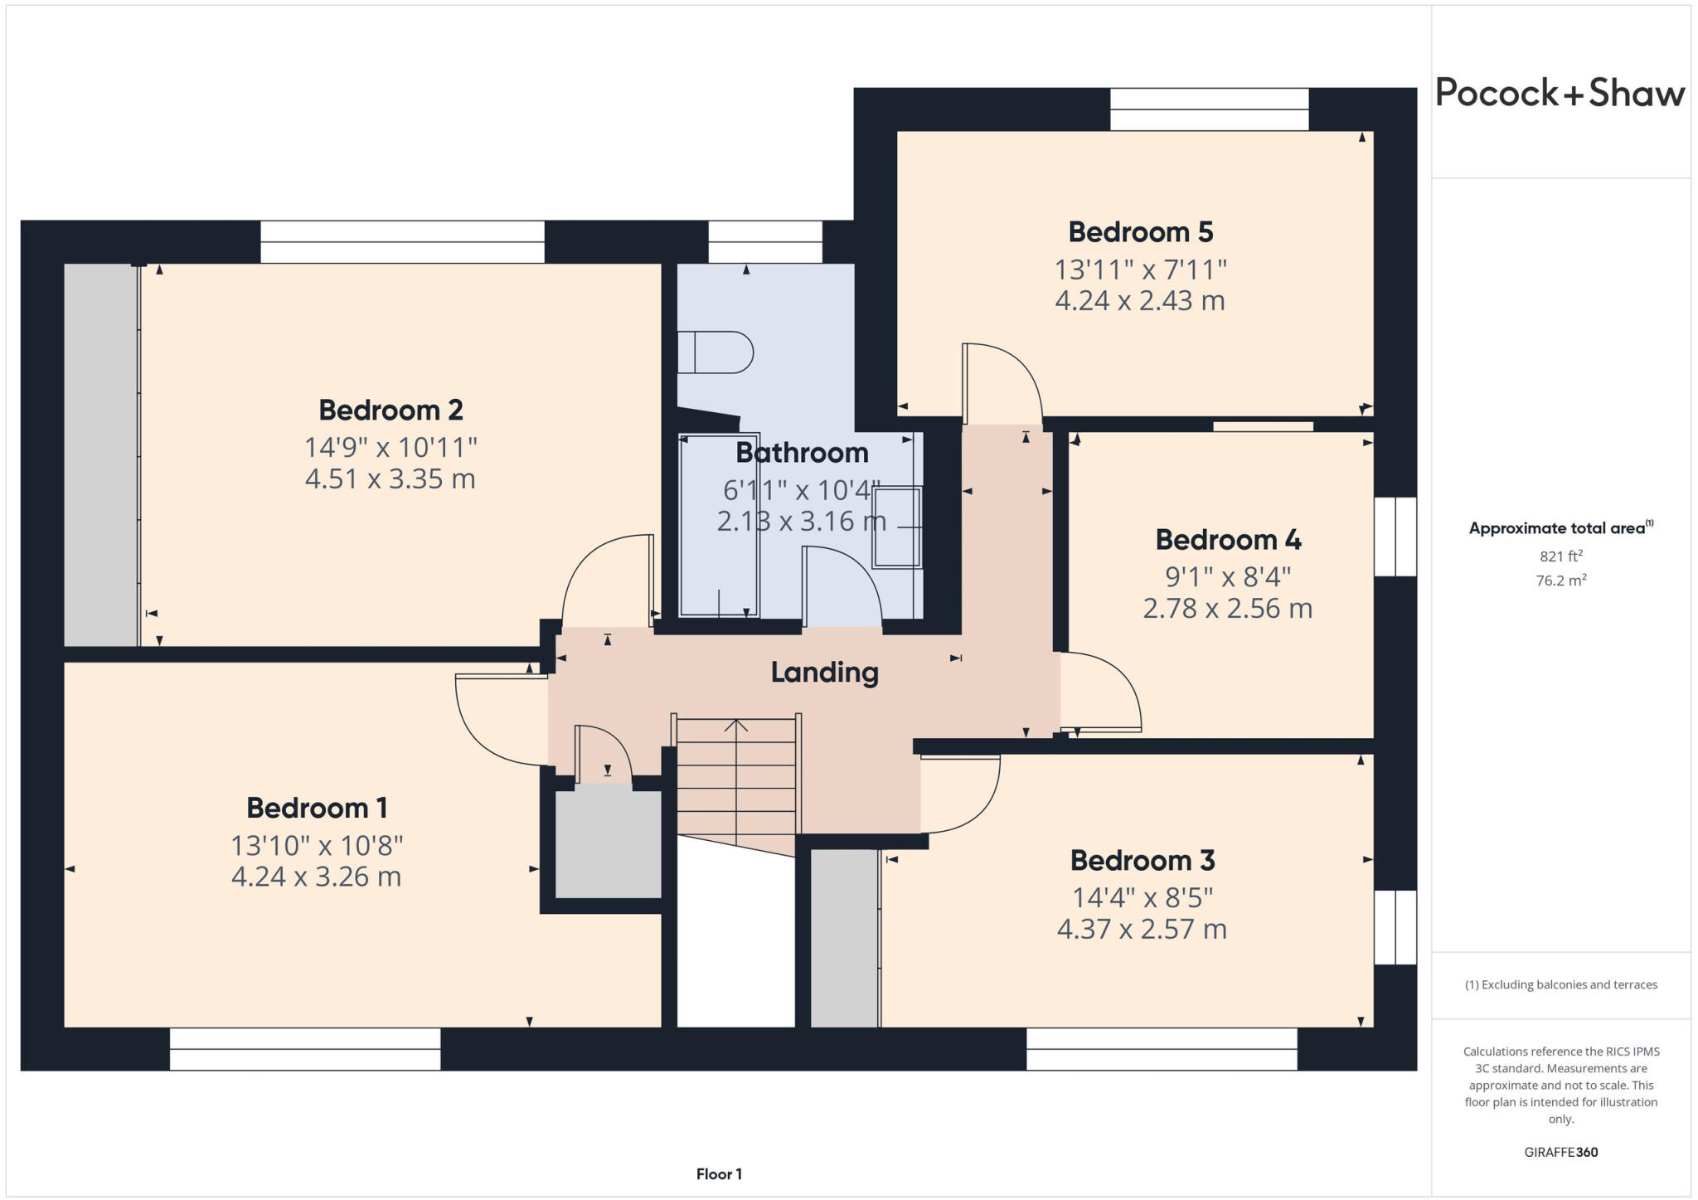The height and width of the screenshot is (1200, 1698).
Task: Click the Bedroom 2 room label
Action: click(x=391, y=411)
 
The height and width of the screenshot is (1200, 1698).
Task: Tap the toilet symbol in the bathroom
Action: click(x=715, y=352)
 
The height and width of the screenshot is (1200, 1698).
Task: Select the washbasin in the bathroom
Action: click(x=896, y=527)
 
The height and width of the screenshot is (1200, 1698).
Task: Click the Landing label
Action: click(x=824, y=672)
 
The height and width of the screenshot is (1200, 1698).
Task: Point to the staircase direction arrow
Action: click(x=735, y=726)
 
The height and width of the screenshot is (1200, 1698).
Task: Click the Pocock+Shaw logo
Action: click(x=1560, y=93)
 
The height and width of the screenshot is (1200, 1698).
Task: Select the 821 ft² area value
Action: click(x=1560, y=556)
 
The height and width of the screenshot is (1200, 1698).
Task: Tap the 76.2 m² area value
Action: click(x=1560, y=581)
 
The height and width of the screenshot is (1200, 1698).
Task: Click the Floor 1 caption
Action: click(x=719, y=1174)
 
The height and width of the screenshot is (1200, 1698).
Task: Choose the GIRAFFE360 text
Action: click(x=1560, y=1152)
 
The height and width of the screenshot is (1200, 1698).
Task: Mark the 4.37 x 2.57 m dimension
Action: click(x=1142, y=929)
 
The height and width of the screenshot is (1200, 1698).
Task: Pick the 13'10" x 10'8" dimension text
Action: click(x=317, y=846)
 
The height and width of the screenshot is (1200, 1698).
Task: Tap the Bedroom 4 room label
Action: click(x=1228, y=540)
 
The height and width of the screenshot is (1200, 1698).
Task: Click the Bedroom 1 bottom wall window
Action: click(x=305, y=1049)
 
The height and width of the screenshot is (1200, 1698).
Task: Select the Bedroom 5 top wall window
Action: click(x=1209, y=109)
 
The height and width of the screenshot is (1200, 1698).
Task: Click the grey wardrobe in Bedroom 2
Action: click(x=100, y=454)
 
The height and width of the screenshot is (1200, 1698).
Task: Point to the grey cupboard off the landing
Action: click(x=608, y=844)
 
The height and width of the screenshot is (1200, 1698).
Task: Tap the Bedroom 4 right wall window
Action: click(x=1395, y=537)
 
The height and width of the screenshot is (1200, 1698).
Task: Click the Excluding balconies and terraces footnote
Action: click(x=1560, y=985)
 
